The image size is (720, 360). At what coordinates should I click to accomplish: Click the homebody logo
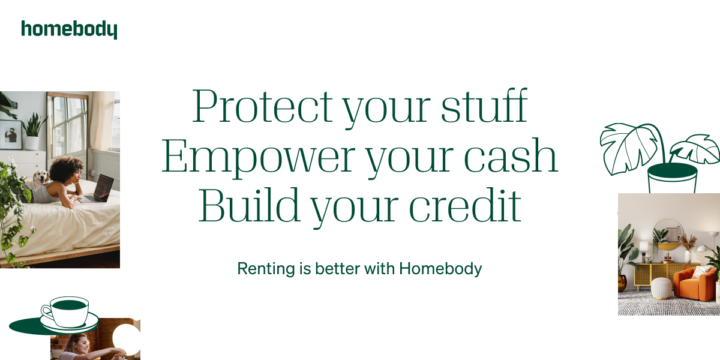click(x=69, y=29)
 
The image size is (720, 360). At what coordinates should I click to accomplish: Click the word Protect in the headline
click(x=262, y=107)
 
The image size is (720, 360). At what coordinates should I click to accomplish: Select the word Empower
click(x=258, y=157)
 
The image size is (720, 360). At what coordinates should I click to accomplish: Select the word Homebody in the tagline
click(x=440, y=268)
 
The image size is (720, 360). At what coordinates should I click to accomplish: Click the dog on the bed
click(x=41, y=177)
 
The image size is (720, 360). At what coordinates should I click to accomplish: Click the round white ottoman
click(x=662, y=288)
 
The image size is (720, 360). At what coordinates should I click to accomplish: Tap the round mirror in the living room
click(x=668, y=233)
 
